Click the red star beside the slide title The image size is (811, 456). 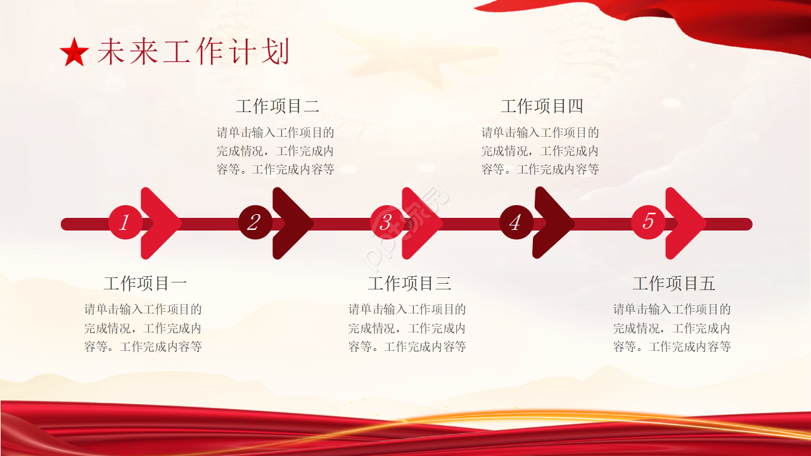click(x=74, y=53)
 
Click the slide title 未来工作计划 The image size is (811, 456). click(x=193, y=52)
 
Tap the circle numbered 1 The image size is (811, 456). click(x=125, y=222)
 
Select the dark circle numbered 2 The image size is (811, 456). click(x=255, y=222)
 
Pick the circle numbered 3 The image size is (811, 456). click(x=386, y=222)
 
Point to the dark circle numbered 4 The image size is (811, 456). click(x=516, y=222)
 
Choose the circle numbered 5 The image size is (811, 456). click(x=648, y=222)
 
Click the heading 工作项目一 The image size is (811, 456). click(x=145, y=283)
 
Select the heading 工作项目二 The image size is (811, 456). click(x=278, y=106)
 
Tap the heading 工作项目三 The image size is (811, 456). click(x=409, y=283)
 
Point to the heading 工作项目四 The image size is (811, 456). click(x=542, y=106)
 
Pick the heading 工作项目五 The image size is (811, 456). click(x=674, y=283)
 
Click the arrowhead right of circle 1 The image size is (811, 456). click(x=162, y=223)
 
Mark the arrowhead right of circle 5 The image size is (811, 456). click(x=687, y=223)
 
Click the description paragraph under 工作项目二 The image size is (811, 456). click(x=276, y=151)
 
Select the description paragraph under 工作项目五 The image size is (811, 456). click(x=672, y=328)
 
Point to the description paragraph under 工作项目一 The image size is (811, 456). click(x=143, y=328)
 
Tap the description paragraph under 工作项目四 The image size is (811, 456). click(x=540, y=151)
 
